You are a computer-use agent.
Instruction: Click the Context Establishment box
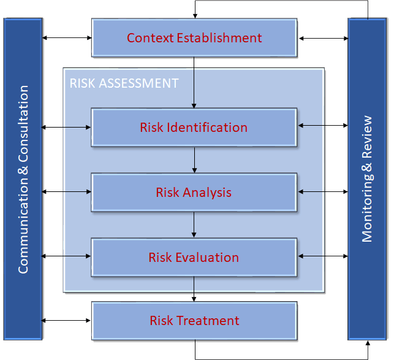(x=194, y=38)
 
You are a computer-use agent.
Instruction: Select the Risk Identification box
(x=194, y=128)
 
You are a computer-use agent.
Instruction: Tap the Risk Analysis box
(x=194, y=193)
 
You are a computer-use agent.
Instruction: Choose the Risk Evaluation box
(x=194, y=258)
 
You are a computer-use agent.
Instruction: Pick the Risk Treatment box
(x=194, y=321)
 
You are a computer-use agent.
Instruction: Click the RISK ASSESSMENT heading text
(x=124, y=83)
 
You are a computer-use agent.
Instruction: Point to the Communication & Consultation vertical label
(x=23, y=179)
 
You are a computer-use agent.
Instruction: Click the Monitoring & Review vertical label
(x=366, y=179)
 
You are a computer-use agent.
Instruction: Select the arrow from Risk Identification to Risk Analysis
(x=194, y=160)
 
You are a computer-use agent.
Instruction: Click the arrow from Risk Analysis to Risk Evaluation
(x=194, y=225)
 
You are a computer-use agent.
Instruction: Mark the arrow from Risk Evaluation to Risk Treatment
(x=194, y=289)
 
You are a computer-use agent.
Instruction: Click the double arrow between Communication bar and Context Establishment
(x=67, y=38)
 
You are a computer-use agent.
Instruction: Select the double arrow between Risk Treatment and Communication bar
(x=67, y=321)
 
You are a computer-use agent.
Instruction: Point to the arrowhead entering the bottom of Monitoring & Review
(x=368, y=343)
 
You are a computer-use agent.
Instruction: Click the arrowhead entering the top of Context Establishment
(x=194, y=15)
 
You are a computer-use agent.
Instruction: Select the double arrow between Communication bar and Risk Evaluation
(x=67, y=256)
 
